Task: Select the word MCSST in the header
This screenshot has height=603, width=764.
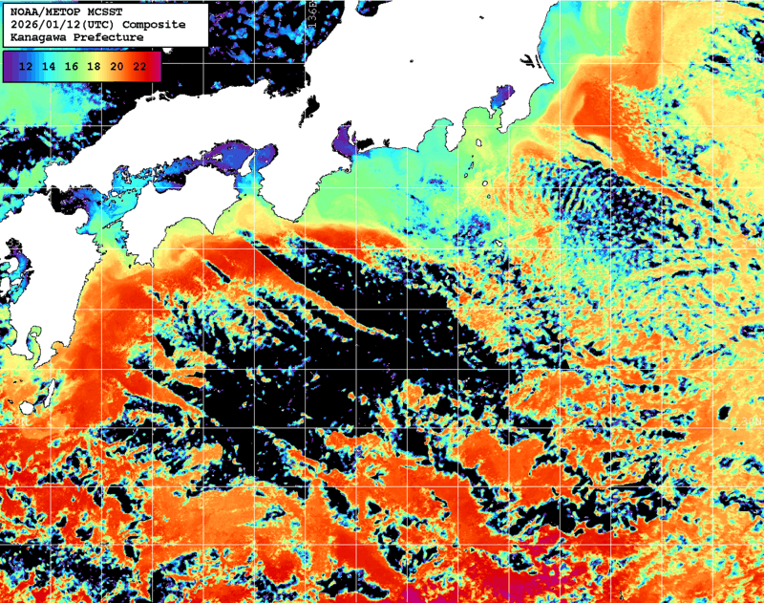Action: (x=99, y=11)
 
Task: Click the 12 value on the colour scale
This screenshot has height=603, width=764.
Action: (x=27, y=66)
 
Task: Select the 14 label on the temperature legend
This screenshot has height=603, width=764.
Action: (x=50, y=66)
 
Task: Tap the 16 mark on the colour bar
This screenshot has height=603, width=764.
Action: (x=72, y=66)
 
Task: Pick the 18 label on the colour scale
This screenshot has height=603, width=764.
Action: (x=95, y=66)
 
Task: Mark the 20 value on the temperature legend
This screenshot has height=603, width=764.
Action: (x=117, y=66)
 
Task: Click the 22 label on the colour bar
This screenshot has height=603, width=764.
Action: (x=139, y=66)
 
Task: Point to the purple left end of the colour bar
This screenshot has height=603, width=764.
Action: (x=10, y=66)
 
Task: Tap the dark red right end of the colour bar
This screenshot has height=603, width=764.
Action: (x=156, y=66)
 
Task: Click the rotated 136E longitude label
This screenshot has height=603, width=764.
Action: (x=314, y=18)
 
